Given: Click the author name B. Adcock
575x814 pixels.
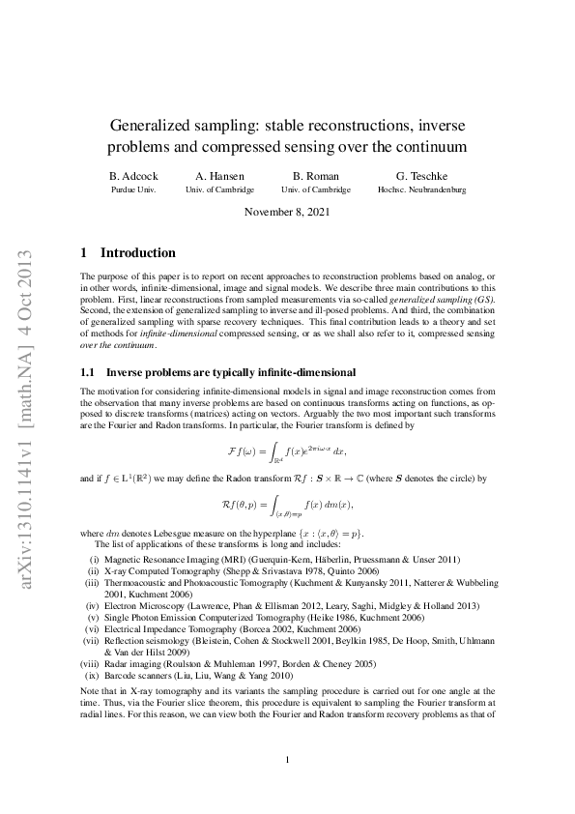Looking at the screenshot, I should pos(132,176).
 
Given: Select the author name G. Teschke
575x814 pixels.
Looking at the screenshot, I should pos(417,176).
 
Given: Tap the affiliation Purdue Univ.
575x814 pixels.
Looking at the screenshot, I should pos(132,190).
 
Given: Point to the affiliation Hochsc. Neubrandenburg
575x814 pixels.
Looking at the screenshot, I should pos(417,190).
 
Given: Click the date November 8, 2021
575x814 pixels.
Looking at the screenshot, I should pos(287,212).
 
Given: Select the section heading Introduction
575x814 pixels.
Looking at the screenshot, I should pos(138,253).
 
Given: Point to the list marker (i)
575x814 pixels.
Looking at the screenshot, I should pos(94,560).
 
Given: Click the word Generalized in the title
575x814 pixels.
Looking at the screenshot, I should pos(156,126).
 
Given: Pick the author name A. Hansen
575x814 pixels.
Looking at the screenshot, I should pos(219,176).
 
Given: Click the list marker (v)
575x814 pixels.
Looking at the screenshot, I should pos(93,617).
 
